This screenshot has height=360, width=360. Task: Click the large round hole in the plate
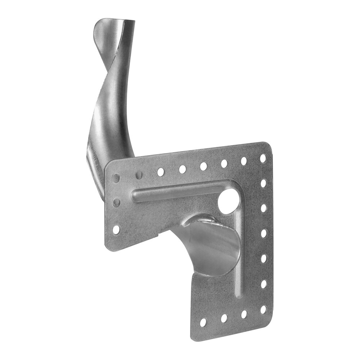[x=227, y=202]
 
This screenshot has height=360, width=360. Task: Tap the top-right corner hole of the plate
[x=263, y=158]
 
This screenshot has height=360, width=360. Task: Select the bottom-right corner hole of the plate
[x=263, y=309]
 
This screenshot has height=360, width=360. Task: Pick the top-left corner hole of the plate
[x=116, y=178]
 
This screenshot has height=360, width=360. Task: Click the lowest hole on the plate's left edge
[x=116, y=229]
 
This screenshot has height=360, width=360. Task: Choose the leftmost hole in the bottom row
[x=204, y=322]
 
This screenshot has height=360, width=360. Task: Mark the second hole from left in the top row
[x=138, y=175]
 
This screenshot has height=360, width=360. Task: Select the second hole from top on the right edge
[x=263, y=183]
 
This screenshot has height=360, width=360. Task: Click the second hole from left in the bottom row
[x=224, y=318]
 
